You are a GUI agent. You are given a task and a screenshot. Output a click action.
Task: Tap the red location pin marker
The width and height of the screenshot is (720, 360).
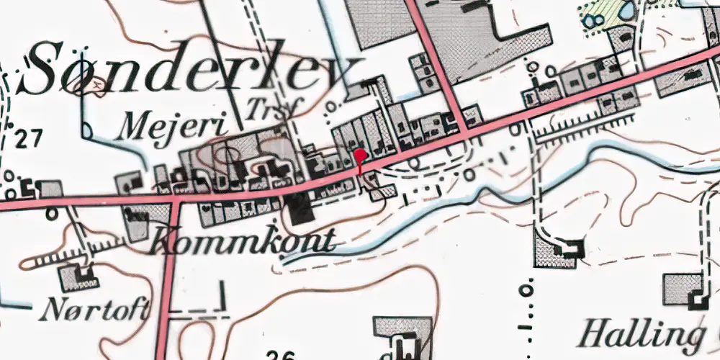pos(361,158)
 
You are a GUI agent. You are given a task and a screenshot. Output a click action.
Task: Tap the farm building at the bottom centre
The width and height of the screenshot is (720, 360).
pos(403,338)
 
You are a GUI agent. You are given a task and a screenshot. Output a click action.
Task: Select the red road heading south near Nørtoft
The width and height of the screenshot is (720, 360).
pos(167,288)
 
